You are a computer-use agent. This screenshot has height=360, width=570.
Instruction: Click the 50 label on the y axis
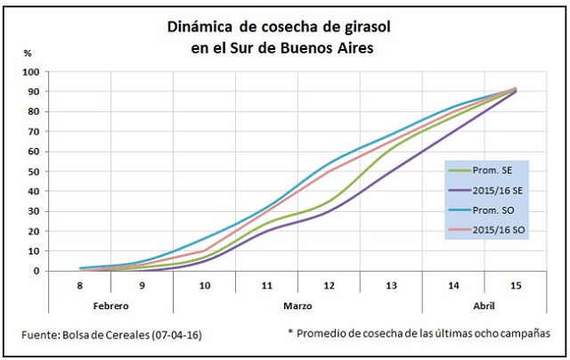click(33, 171)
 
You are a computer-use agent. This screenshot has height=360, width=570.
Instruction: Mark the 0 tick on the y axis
click(36, 271)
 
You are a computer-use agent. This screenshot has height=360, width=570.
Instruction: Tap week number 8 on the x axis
click(79, 284)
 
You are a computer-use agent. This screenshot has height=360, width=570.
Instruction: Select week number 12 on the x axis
click(329, 284)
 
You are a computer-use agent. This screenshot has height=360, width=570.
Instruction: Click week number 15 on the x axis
click(515, 284)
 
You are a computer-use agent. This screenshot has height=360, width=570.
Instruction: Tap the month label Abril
click(484, 306)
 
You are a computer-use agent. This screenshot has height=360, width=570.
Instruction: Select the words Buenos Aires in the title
click(324, 47)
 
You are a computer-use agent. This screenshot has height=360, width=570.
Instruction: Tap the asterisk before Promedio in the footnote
click(290, 332)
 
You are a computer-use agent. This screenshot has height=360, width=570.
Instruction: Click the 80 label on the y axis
click(33, 111)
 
